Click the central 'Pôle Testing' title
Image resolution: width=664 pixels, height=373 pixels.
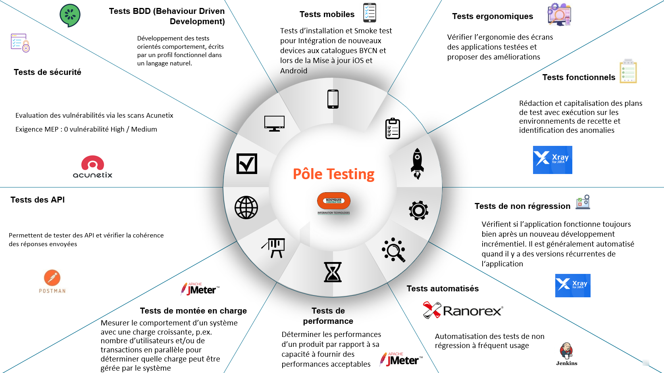point(333,174)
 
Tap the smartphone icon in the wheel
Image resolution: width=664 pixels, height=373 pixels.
point(333,99)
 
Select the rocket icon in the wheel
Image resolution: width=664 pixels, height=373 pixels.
point(417,163)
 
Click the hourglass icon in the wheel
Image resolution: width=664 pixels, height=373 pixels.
point(333,272)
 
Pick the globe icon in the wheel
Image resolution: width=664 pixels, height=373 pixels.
point(246,207)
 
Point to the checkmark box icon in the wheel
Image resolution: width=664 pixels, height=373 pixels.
point(247,164)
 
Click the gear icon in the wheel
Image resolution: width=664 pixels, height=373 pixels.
point(418,210)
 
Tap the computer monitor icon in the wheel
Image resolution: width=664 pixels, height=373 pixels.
point(274,123)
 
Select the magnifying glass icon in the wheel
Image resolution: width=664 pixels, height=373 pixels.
point(393,250)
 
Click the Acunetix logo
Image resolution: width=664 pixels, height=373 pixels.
point(92,167)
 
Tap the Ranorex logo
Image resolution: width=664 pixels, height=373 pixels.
point(463,310)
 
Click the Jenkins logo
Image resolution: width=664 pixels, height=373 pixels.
point(566,354)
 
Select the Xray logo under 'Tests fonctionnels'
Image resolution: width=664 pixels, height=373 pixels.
point(552,160)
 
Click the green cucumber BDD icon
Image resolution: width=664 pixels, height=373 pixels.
point(70,15)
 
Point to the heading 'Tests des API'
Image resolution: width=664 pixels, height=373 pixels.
point(38,200)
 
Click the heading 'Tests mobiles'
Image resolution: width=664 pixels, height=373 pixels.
point(327,14)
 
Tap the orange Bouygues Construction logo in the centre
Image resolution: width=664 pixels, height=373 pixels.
point(333,201)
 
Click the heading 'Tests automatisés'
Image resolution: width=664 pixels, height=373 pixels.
point(443,289)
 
